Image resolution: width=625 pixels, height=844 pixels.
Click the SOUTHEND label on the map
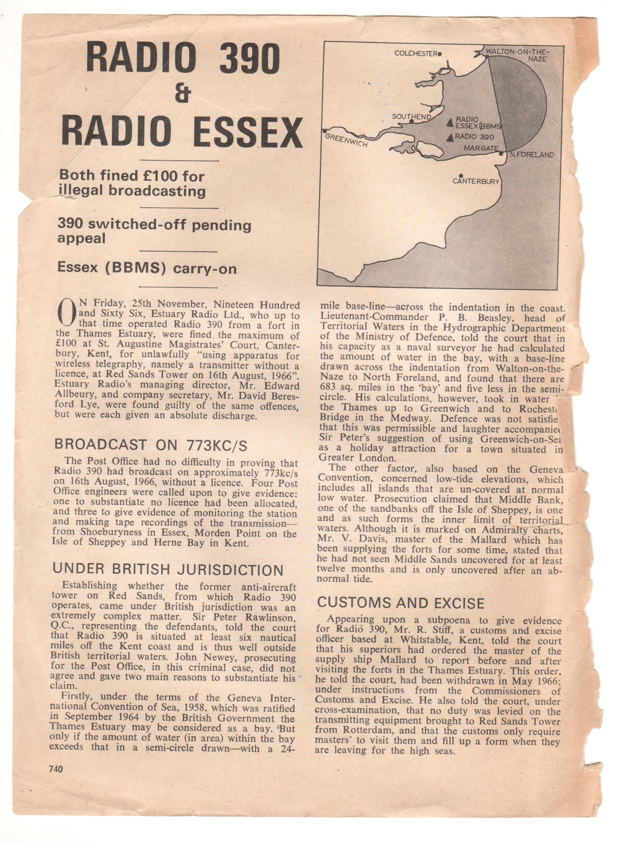[411, 117]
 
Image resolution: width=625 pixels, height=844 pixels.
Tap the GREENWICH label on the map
[346, 140]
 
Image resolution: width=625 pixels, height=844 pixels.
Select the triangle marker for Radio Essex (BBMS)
[450, 122]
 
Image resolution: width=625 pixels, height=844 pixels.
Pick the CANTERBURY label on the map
[476, 181]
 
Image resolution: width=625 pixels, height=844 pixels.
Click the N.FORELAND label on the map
[532, 155]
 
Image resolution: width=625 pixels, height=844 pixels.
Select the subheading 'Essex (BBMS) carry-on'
[147, 268]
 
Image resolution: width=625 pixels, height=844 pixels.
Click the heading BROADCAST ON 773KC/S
[151, 445]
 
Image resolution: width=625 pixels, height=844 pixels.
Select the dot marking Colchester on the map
[440, 54]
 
